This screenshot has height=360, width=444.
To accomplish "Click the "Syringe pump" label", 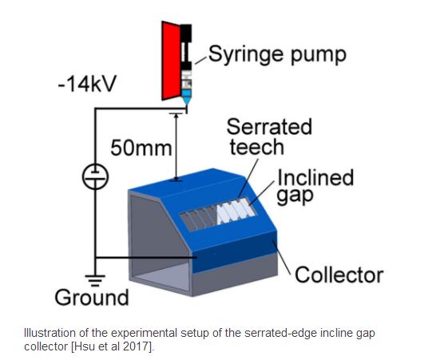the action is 277,54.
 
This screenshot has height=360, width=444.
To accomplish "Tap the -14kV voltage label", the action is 87,84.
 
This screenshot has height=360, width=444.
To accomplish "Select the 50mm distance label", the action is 141,148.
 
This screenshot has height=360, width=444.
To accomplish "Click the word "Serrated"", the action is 269,127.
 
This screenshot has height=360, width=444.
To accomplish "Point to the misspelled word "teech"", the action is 256,147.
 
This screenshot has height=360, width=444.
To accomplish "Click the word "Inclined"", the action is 315,177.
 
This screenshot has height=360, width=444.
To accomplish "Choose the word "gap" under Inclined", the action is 295,196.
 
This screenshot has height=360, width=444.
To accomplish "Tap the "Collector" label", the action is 339,275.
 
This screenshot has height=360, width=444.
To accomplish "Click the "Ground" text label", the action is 92,298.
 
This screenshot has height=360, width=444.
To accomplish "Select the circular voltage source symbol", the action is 95,176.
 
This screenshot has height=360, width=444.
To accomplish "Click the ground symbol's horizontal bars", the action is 95,280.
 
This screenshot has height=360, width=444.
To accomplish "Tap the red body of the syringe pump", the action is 171,61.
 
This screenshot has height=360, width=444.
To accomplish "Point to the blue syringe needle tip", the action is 186,101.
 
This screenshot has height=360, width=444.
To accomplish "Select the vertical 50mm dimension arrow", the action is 176,147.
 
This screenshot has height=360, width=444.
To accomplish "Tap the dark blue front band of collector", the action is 235,251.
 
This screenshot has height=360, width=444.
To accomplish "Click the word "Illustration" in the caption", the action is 50,333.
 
